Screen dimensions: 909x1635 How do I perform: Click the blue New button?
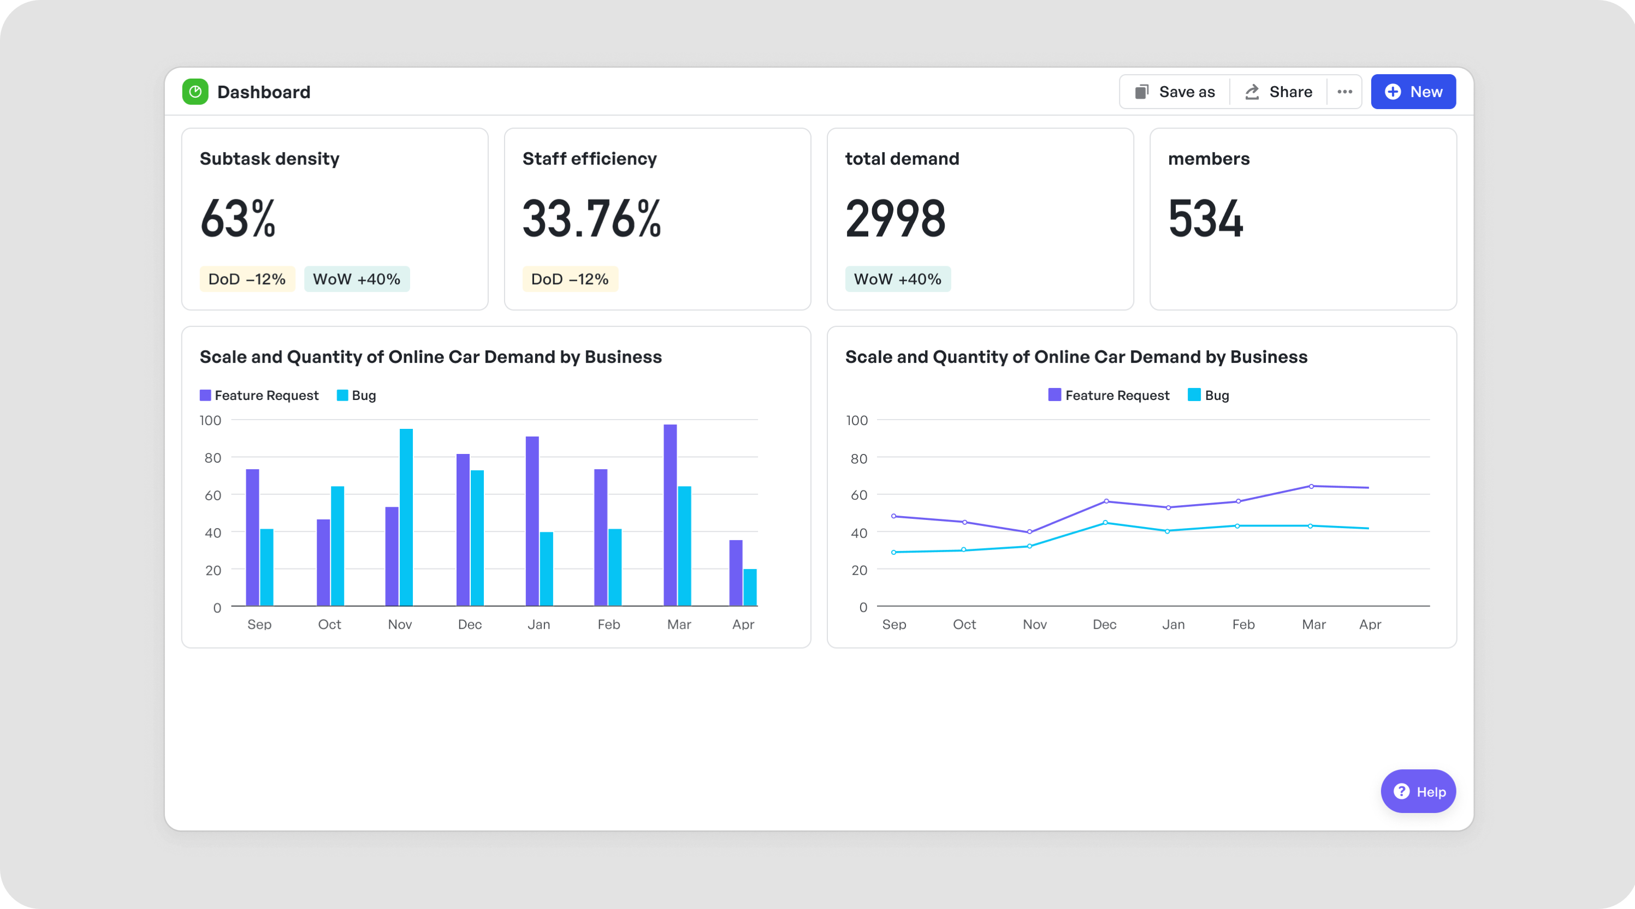1413,92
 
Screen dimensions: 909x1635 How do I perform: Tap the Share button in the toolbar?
1278,92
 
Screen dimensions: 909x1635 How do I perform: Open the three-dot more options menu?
1344,92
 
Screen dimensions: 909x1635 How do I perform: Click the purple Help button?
1418,791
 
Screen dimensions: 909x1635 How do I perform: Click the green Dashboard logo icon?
195,92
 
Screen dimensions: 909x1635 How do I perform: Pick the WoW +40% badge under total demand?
897,279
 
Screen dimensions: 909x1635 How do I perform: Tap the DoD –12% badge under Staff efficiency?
570,279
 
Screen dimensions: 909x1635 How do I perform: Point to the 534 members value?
1205,219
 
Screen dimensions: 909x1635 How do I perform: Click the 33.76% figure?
591,219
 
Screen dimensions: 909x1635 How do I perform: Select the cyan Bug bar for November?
406,517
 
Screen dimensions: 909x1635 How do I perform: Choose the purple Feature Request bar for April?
736,573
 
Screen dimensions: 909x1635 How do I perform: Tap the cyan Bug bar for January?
547,569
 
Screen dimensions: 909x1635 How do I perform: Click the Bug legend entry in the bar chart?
357,395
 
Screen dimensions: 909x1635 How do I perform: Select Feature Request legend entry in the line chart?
1109,395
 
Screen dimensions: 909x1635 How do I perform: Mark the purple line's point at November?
1029,532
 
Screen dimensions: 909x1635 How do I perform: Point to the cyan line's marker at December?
1106,523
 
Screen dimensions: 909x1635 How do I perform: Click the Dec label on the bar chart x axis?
470,625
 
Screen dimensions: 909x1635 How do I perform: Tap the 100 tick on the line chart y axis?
857,421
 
